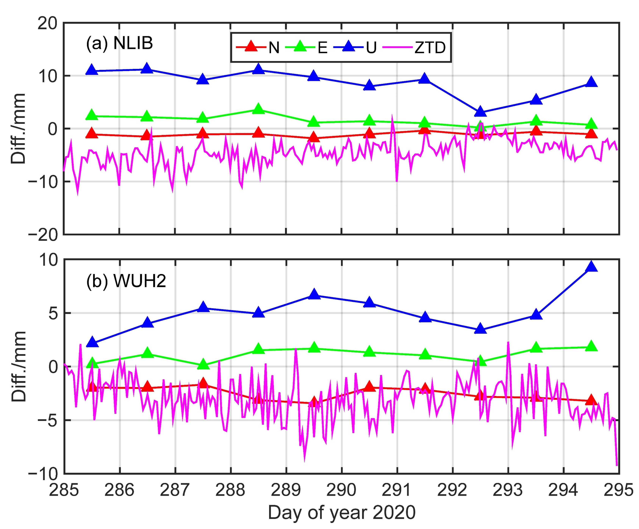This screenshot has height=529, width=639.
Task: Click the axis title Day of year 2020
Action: coord(341,513)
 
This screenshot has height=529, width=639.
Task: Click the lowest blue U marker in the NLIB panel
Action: coord(480,112)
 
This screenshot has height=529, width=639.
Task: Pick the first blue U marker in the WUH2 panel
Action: coord(92,343)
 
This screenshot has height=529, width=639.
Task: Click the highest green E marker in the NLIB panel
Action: coord(258,109)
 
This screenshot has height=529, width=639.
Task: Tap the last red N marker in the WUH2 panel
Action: coord(591,400)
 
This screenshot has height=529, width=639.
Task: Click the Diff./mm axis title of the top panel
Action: coord(18,129)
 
